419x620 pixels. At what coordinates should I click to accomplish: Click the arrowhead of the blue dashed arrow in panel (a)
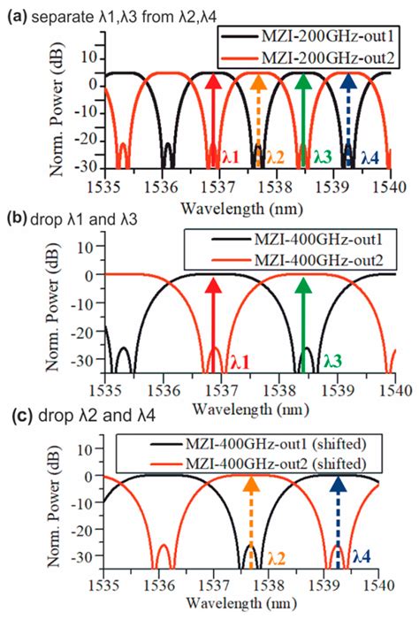pyautogui.click(x=347, y=83)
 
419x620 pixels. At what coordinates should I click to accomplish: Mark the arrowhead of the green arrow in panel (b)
pyautogui.click(x=303, y=286)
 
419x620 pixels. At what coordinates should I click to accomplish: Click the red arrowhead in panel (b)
pyautogui.click(x=212, y=286)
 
